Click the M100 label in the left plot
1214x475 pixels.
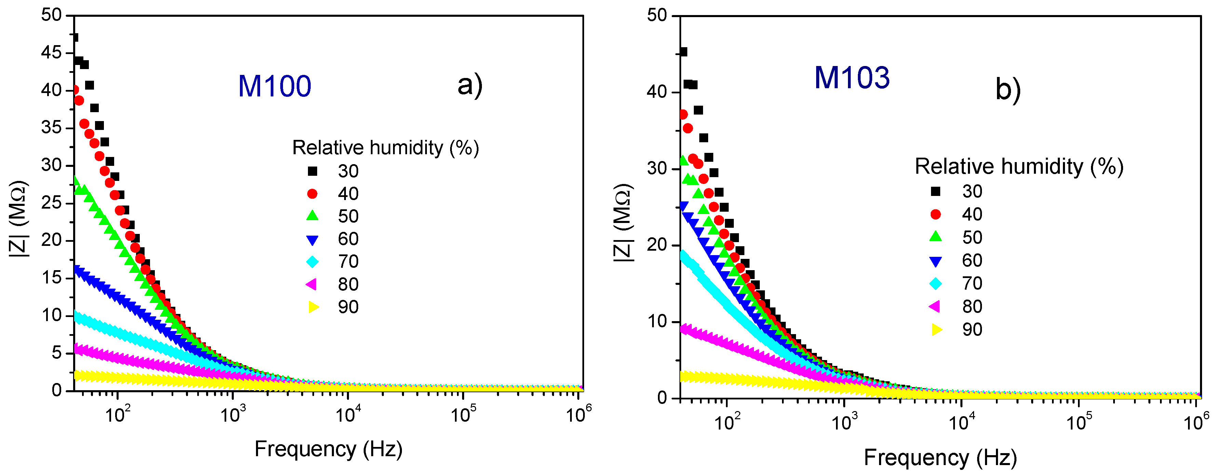pyautogui.click(x=274, y=86)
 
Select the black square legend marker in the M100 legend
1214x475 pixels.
pyautogui.click(x=312, y=171)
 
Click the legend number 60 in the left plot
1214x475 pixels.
pyautogui.click(x=348, y=239)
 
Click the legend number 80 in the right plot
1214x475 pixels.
pyautogui.click(x=972, y=307)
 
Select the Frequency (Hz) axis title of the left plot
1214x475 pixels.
pyautogui.click(x=328, y=449)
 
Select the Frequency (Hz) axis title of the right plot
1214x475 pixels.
pyautogui.click(x=940, y=458)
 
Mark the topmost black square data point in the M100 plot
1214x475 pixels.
pyautogui.click(x=75, y=38)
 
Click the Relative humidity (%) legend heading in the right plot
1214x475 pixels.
pyautogui.click(x=1019, y=167)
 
